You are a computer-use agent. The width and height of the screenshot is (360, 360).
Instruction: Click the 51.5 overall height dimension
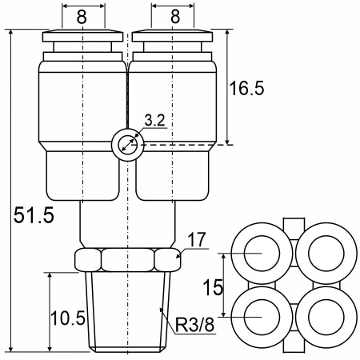(x=34, y=215)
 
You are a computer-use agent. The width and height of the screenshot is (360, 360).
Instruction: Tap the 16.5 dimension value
(x=246, y=88)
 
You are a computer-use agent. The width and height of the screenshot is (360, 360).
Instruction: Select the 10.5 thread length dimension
(x=68, y=318)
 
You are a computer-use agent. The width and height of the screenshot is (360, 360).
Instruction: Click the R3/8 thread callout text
(x=194, y=325)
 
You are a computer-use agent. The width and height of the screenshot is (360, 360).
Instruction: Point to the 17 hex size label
(x=197, y=239)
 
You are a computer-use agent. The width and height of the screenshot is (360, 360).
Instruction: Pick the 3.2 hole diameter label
(x=154, y=120)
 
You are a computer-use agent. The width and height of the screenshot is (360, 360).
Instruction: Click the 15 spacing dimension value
(x=213, y=287)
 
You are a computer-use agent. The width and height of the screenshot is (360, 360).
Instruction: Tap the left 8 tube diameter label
(x=82, y=17)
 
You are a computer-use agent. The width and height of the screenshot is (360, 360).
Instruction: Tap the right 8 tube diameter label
(x=175, y=17)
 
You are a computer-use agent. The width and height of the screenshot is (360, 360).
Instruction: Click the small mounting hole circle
(x=128, y=146)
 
